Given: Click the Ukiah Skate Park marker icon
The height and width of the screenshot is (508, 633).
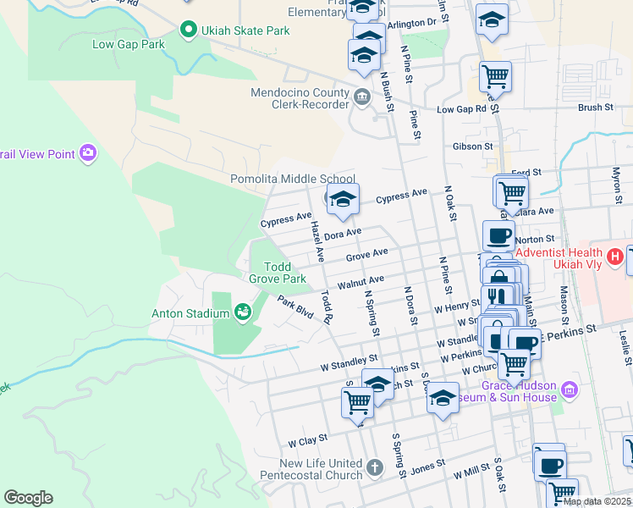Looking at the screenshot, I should [188, 31].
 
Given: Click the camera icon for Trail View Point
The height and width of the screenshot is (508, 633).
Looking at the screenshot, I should [87, 153].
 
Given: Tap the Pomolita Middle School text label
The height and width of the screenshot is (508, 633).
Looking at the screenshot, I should [293, 179].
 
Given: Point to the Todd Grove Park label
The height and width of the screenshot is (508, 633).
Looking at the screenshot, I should [277, 273].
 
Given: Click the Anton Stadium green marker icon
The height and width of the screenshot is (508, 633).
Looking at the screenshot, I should [243, 313].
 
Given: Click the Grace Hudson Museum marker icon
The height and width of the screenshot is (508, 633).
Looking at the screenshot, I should [570, 390].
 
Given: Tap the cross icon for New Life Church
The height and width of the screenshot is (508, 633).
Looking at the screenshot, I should [376, 465].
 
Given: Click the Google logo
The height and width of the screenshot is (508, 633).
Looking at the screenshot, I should [28, 498].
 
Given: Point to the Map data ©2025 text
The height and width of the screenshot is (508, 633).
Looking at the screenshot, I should [597, 501].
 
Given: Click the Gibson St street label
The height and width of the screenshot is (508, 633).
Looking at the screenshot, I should [476, 146].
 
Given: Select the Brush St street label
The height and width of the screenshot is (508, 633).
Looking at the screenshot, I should [595, 108].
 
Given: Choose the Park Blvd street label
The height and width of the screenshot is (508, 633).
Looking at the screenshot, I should [295, 308].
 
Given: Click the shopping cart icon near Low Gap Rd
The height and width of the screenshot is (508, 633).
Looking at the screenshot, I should [495, 77].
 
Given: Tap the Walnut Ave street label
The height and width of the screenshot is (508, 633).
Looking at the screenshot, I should [361, 282].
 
